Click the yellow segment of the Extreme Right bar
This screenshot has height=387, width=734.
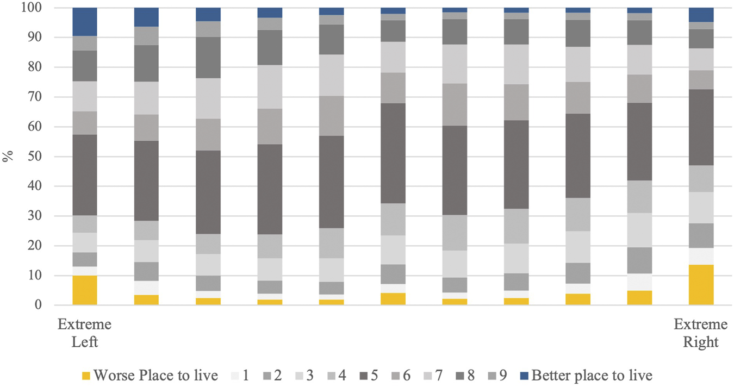tap(701, 285)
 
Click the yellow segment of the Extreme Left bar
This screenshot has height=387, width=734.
tap(84, 290)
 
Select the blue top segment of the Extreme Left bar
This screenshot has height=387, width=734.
tap(84, 22)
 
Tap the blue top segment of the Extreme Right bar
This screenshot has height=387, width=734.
tap(701, 15)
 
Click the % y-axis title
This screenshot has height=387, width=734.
tap(8, 157)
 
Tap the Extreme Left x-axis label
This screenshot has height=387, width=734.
tap(84, 333)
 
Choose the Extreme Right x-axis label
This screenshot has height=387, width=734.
tap(701, 333)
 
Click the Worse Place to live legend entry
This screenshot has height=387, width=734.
tap(155, 375)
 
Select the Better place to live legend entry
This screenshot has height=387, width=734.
tap(592, 375)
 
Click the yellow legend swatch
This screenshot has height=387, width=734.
tap(85, 376)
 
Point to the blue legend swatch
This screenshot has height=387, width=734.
tap(524, 376)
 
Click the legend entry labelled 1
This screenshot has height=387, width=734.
tap(242, 375)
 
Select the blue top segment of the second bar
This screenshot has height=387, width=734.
tap(146, 17)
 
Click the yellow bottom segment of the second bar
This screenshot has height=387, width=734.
tap(146, 300)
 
